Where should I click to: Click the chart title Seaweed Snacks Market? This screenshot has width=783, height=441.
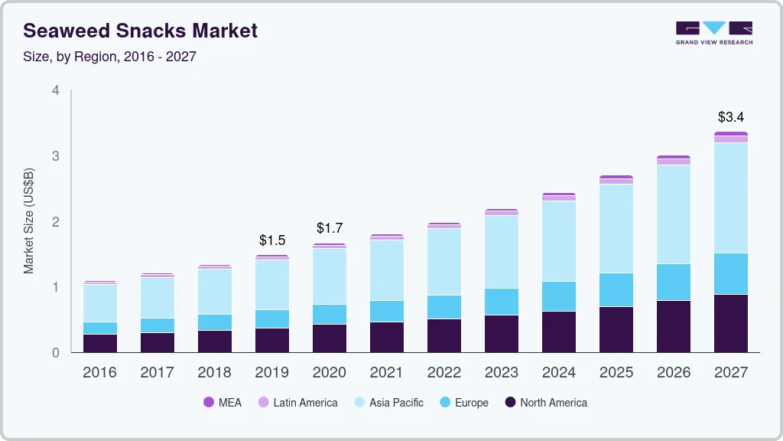(x=141, y=31)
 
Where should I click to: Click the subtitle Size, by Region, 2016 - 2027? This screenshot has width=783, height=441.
(x=109, y=57)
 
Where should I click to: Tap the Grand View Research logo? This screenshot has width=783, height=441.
(x=713, y=32)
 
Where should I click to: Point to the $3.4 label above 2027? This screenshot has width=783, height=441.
(x=730, y=117)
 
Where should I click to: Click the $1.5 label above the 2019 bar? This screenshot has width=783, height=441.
(x=271, y=240)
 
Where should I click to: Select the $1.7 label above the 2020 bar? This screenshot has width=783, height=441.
(x=329, y=228)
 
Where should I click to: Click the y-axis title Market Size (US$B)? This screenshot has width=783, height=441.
(x=29, y=221)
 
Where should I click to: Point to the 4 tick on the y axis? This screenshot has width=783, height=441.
(x=55, y=90)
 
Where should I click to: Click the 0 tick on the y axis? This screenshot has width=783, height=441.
(x=55, y=353)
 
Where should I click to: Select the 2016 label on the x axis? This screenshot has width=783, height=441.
(x=99, y=373)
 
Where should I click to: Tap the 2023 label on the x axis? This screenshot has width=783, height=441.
(x=501, y=373)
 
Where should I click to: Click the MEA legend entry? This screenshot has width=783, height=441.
(x=222, y=402)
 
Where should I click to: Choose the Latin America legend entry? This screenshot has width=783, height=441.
(x=297, y=402)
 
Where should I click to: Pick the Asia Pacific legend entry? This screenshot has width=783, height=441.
(x=388, y=402)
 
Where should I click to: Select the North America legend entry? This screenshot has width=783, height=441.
(x=545, y=402)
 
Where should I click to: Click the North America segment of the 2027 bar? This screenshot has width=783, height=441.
(x=730, y=323)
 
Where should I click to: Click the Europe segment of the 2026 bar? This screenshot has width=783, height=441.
(x=673, y=282)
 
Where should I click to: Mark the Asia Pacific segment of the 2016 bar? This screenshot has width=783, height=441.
(x=99, y=303)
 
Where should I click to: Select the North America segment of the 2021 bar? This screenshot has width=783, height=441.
(x=386, y=337)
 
